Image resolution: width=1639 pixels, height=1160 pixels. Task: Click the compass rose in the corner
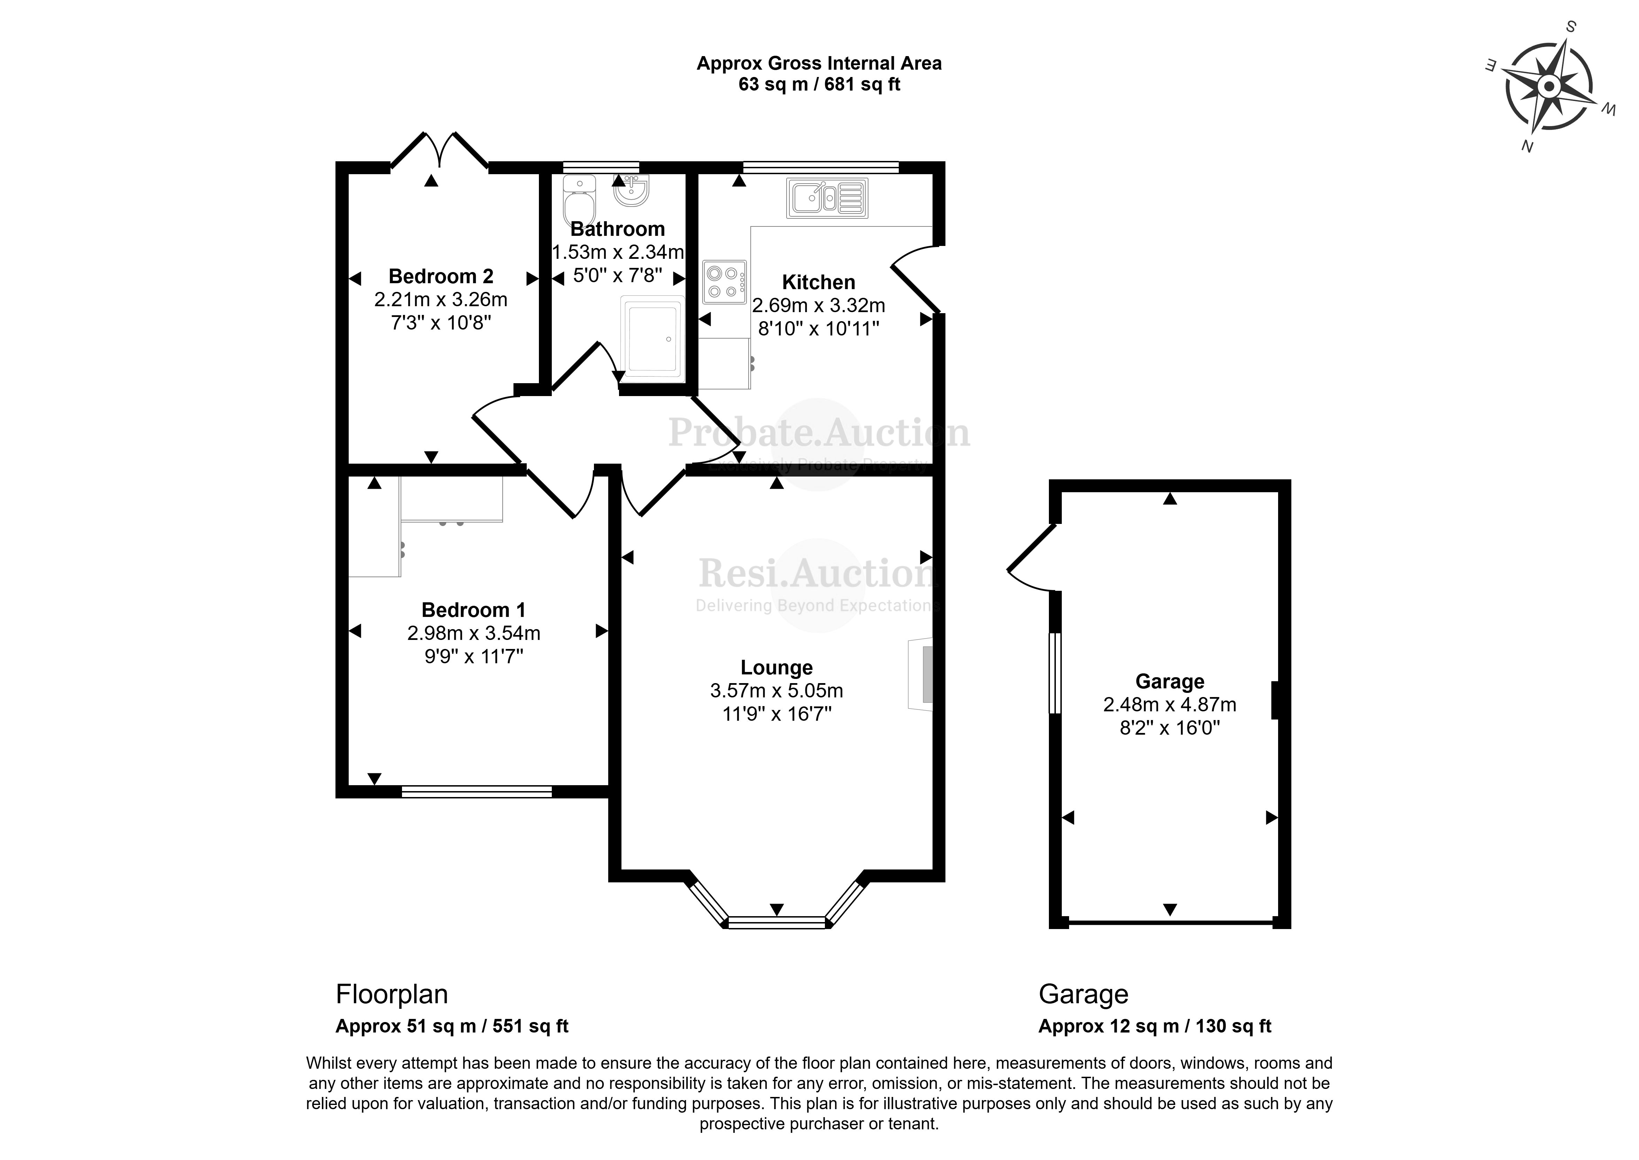point(1548,87)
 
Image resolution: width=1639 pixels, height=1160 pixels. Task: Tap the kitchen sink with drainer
point(827,198)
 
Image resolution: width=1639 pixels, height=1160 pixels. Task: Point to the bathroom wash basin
point(631,190)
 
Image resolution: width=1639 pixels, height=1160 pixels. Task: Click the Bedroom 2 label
point(441,277)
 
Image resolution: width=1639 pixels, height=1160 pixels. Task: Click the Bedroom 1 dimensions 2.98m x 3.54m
point(473,633)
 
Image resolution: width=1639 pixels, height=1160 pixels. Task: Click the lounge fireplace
point(922,674)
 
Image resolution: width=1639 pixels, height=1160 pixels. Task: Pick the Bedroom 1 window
point(476,791)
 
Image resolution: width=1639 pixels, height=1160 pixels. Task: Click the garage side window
point(1055,673)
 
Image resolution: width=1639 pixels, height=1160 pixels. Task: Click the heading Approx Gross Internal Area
point(818,63)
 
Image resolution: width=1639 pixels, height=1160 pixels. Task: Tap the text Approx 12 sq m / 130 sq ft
point(1154,1027)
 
